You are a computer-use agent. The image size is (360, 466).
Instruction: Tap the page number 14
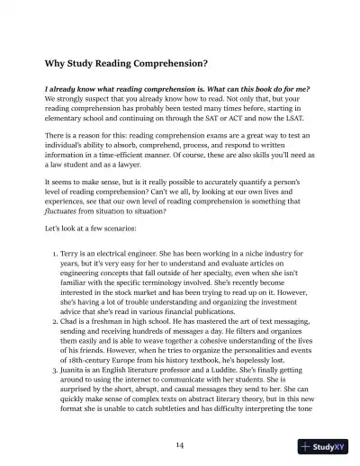(180, 445)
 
